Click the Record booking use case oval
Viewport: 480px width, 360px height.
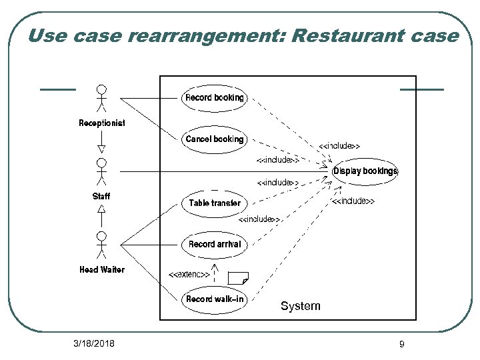(x=214, y=98)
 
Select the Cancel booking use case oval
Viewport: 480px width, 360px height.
(x=214, y=139)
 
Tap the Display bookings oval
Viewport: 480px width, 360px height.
(x=365, y=171)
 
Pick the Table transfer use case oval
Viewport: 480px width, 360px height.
(x=214, y=203)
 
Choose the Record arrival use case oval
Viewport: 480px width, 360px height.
(x=214, y=245)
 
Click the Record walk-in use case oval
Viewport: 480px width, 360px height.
(x=214, y=299)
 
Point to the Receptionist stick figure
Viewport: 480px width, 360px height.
(x=101, y=98)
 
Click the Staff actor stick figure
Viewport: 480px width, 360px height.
(x=101, y=171)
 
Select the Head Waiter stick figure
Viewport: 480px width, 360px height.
(x=101, y=245)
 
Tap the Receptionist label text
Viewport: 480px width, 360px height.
(x=101, y=123)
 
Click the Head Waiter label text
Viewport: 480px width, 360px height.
(x=101, y=270)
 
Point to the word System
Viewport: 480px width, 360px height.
(x=300, y=306)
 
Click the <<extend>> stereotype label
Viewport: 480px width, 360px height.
(x=189, y=274)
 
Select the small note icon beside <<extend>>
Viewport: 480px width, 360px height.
(x=237, y=277)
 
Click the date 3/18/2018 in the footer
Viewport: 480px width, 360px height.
(x=94, y=344)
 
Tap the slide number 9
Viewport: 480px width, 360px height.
(x=401, y=344)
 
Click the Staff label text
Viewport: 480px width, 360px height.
(x=101, y=197)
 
